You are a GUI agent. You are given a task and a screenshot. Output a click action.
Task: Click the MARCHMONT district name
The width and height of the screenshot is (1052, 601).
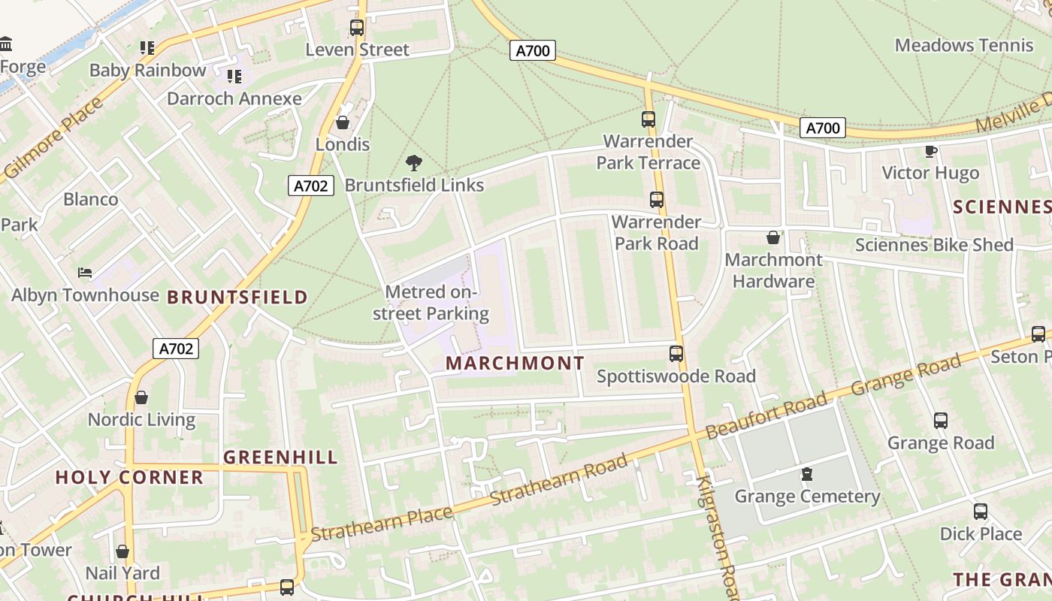coord(515,364)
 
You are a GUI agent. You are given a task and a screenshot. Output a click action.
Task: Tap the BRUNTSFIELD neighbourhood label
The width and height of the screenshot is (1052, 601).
coord(237,297)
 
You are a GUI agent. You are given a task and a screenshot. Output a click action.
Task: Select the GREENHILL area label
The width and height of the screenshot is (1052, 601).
coord(280,458)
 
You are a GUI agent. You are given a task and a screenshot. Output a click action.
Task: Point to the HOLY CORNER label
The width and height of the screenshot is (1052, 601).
coord(129,478)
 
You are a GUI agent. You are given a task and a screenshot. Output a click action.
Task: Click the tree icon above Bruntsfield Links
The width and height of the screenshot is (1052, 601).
coord(413,163)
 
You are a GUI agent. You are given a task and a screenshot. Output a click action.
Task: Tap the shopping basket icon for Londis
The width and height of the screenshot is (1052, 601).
coord(343,122)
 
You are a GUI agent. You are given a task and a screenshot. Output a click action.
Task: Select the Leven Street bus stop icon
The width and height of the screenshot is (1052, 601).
coord(357,29)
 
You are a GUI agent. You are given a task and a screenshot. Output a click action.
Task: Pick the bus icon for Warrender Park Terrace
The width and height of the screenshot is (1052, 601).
coord(648,119)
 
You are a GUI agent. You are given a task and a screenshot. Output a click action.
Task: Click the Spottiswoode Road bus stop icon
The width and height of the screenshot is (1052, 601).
coord(676,354)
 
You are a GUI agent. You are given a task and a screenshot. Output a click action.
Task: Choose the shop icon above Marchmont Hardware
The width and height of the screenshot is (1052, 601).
coord(773,238)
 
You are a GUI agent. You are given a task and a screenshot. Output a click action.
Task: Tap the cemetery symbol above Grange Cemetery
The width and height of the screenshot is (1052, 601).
coord(807,474)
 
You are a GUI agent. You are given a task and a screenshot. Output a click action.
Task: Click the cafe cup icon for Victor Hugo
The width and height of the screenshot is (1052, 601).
coord(931,151)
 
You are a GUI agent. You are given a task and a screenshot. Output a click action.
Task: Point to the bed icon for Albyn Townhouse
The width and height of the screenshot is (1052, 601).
coord(85,272)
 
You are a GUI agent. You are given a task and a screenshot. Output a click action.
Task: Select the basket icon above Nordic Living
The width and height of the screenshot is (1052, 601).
coord(141,397)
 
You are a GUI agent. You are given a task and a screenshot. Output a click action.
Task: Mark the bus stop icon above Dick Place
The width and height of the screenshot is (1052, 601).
coord(981,512)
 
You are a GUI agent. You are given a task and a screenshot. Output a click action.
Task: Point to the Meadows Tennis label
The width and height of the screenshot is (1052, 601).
coord(964,45)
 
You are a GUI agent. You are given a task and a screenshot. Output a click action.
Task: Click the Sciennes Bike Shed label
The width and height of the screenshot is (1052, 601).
coord(934,245)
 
